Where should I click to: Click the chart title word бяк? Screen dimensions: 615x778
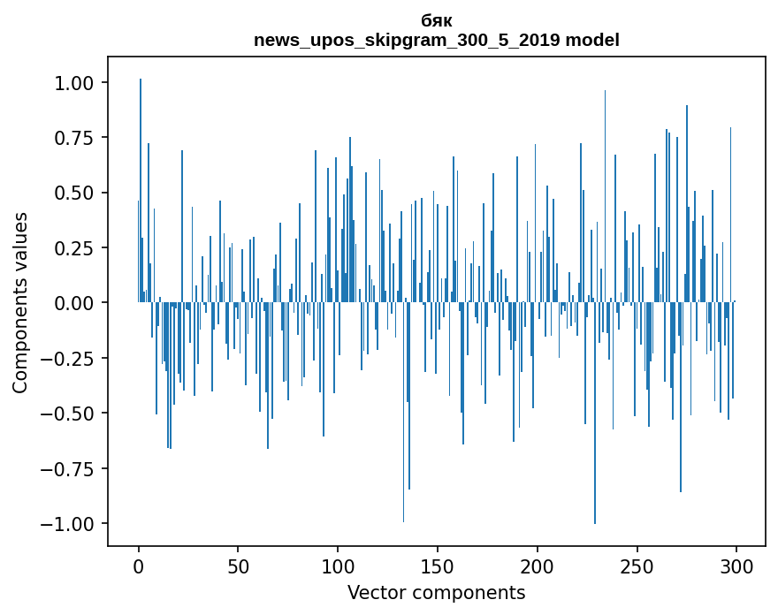pyautogui.click(x=437, y=21)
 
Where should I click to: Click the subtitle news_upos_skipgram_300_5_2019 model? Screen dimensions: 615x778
pyautogui.click(x=437, y=40)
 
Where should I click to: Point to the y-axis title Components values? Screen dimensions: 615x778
pyautogui.click(x=19, y=302)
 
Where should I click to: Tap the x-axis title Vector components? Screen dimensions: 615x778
pyautogui.click(x=437, y=592)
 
